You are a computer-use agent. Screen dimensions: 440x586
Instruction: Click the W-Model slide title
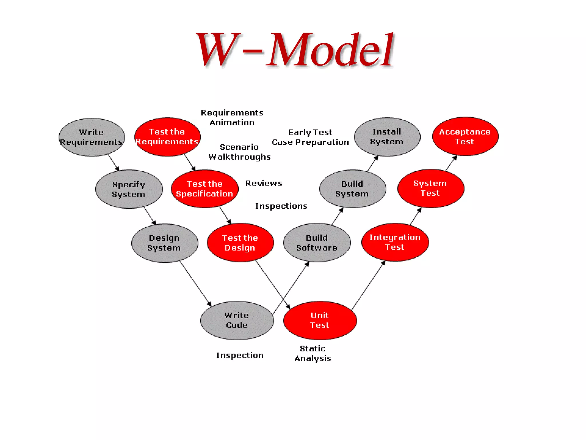(x=295, y=50)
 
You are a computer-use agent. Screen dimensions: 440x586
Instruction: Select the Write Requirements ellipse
(x=92, y=137)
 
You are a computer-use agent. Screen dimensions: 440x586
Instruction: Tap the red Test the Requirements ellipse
(x=167, y=137)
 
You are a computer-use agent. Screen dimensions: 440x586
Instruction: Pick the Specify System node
(x=129, y=189)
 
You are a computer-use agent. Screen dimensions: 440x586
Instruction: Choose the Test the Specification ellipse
(x=205, y=189)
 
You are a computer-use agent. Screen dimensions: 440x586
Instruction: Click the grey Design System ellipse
(x=165, y=243)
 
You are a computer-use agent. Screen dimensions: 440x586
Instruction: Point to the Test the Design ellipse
(x=240, y=243)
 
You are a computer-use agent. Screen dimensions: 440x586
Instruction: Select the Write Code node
(x=237, y=320)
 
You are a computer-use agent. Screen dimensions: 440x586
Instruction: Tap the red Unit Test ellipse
(x=320, y=320)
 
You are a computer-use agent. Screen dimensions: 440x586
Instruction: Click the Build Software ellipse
(x=317, y=243)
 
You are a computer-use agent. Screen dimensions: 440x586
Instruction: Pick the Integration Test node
(x=395, y=242)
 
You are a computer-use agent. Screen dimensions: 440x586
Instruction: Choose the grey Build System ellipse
(x=353, y=189)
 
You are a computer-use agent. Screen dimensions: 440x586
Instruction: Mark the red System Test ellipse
(x=431, y=188)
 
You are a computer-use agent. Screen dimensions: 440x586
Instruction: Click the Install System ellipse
(x=387, y=137)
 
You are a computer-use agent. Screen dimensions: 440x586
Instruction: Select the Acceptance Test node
(x=465, y=136)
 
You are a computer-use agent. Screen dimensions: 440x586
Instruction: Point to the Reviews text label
(x=264, y=183)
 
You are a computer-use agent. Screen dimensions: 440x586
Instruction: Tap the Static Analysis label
(x=313, y=353)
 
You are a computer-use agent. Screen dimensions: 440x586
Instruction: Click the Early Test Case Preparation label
(x=310, y=137)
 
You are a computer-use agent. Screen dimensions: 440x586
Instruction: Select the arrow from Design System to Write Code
(x=195, y=284)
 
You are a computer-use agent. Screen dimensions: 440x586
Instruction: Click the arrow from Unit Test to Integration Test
(x=368, y=285)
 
